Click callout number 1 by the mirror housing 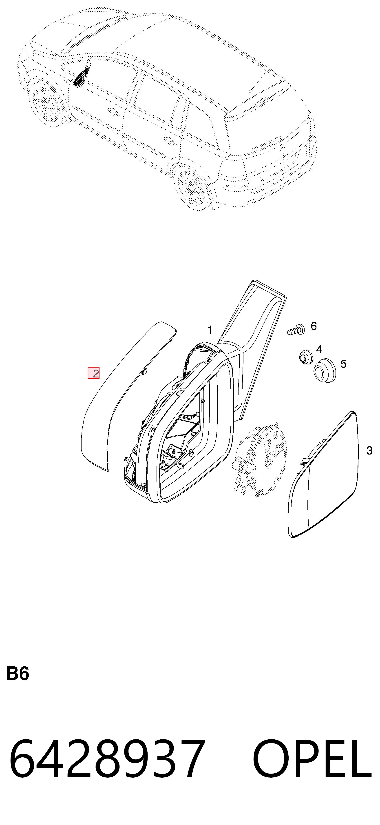pyautogui.click(x=210, y=330)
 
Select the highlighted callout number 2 pyautogui.click(x=94, y=373)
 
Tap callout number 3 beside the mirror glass pyautogui.click(x=369, y=451)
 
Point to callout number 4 pyautogui.click(x=319, y=349)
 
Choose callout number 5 pyautogui.click(x=343, y=364)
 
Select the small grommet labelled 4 pyautogui.click(x=306, y=357)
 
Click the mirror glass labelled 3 pyautogui.click(x=323, y=474)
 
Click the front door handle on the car pyautogui.click(x=113, y=111)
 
